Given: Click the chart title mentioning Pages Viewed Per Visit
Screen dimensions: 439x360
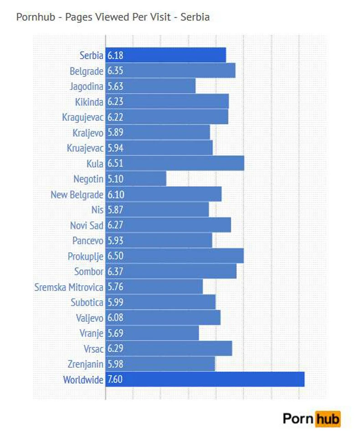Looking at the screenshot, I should coord(113,17).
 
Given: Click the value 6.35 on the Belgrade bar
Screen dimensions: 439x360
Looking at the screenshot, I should coord(115,71).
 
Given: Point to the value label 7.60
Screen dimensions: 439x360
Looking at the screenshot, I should coord(115,379).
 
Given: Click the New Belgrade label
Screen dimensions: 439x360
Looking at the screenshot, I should coord(77,195).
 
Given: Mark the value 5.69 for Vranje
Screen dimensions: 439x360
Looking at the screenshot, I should coord(115,333).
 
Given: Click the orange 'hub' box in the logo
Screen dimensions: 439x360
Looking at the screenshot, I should coord(328,418).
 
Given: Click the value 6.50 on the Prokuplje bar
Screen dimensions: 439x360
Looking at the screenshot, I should coord(115,256).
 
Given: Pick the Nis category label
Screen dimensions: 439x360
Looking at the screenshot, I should coord(98,210).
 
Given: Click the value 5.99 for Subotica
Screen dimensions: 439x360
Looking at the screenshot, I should coord(115,302).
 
